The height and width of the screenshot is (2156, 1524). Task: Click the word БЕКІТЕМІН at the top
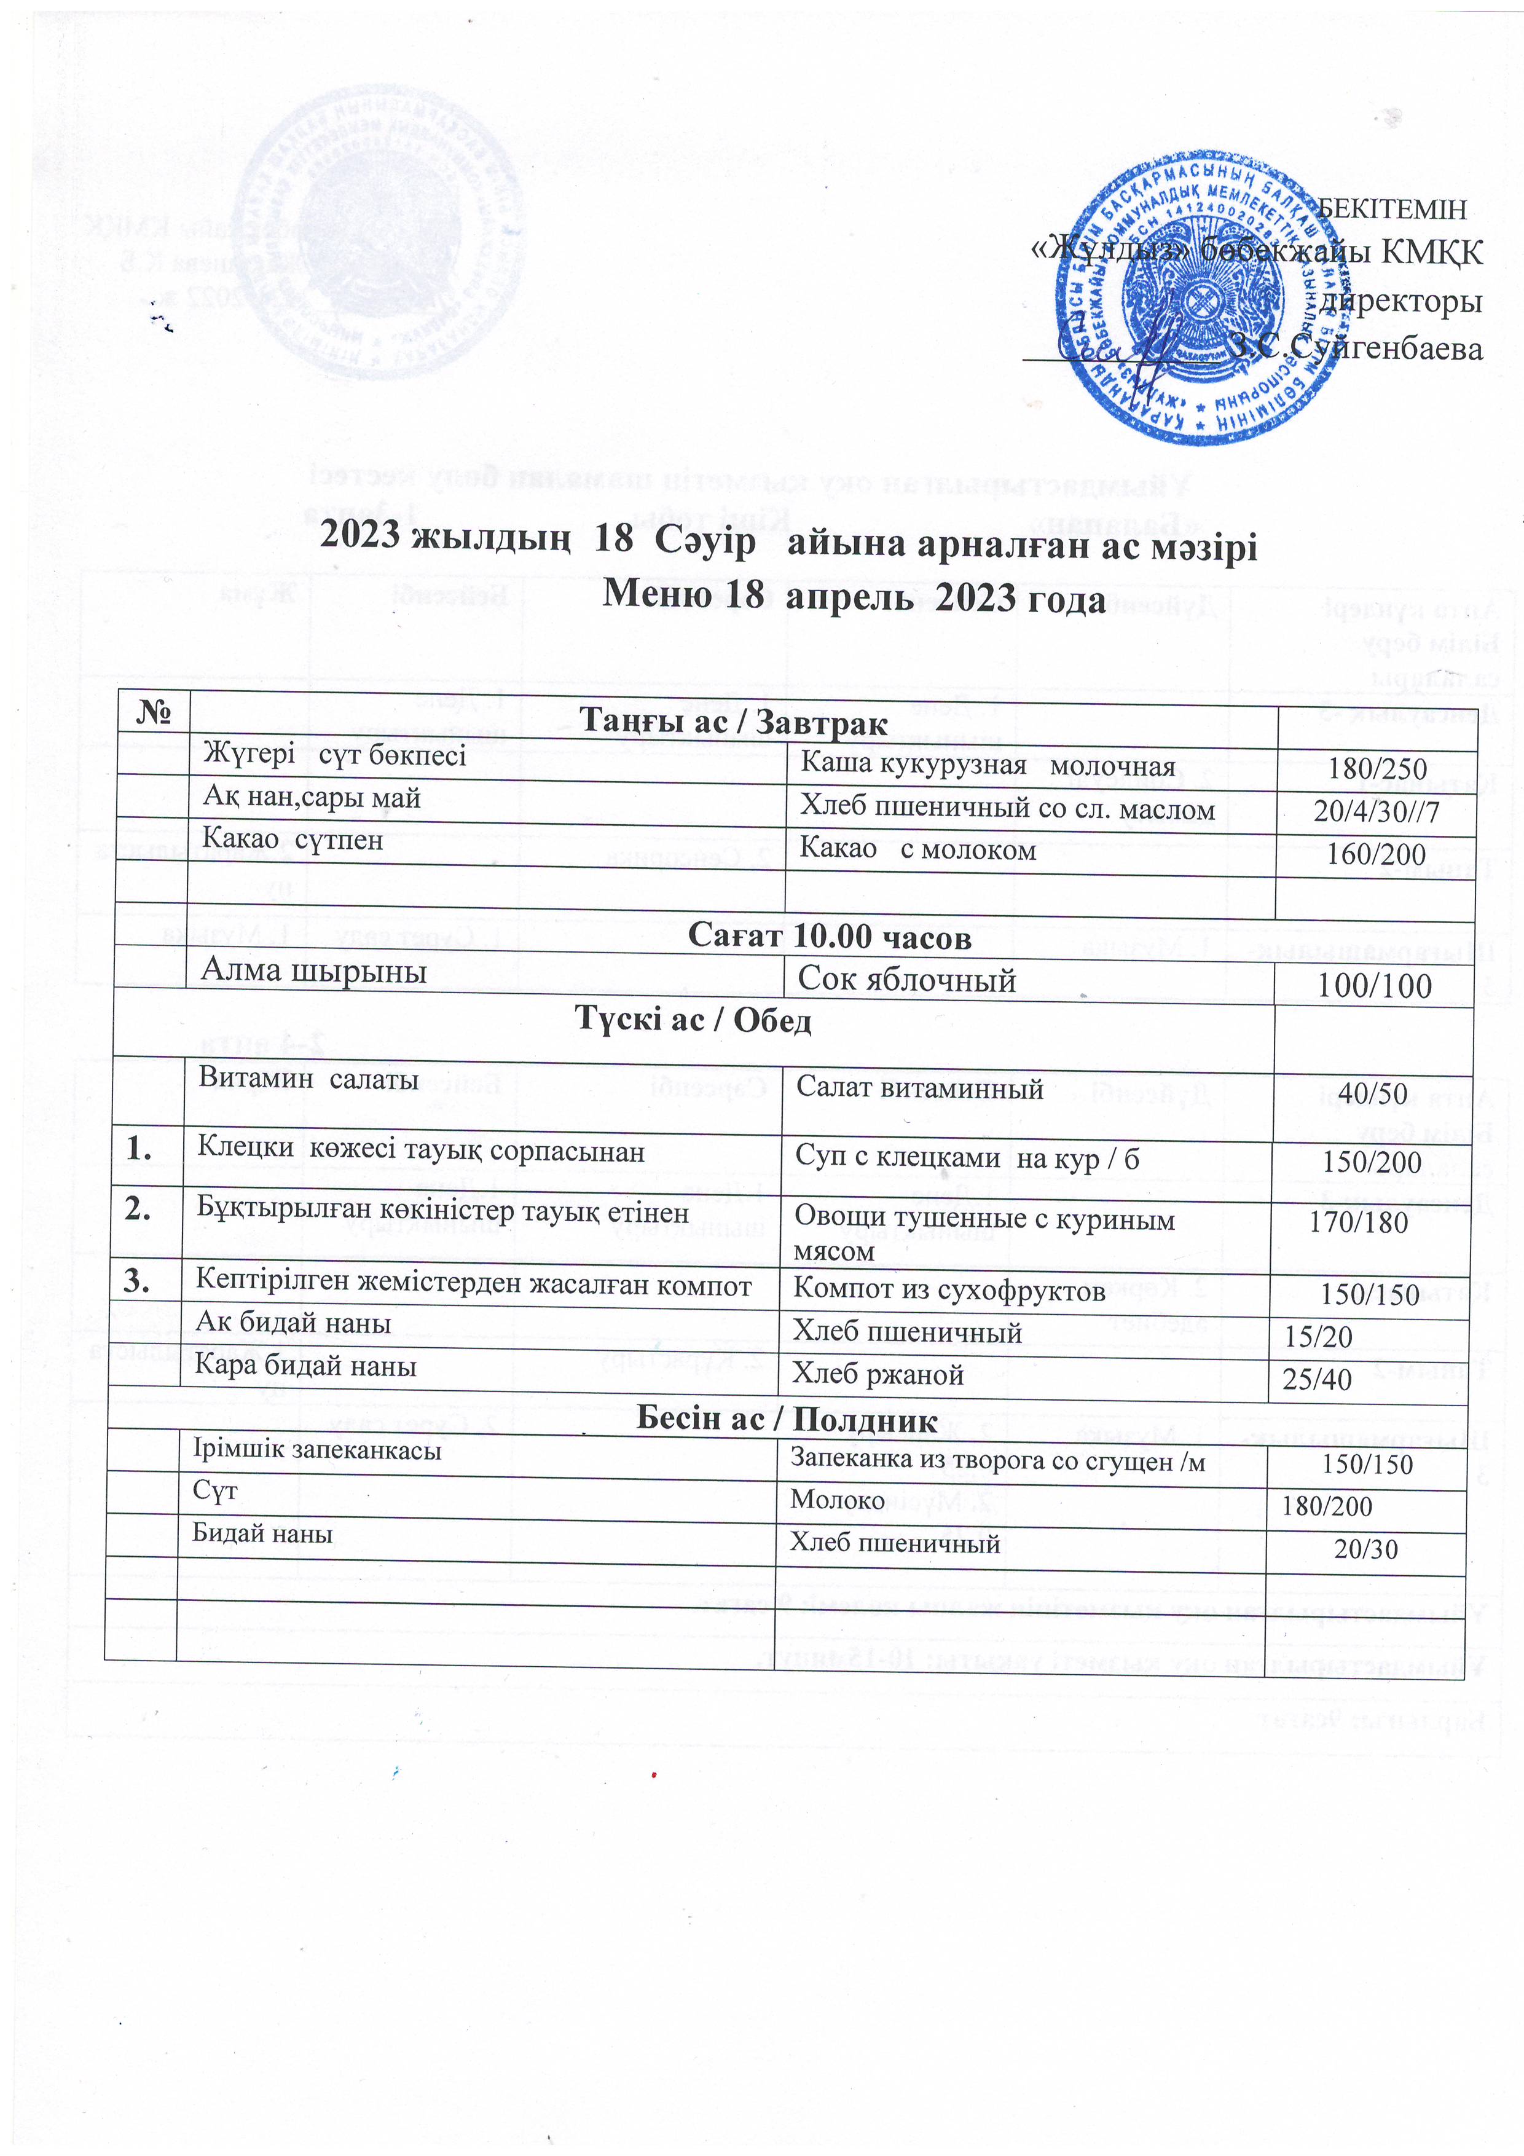pyautogui.click(x=1392, y=208)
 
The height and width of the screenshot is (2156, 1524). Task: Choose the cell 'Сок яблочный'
pyautogui.click(x=906, y=980)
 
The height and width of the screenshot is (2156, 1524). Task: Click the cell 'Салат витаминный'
pyautogui.click(x=919, y=1088)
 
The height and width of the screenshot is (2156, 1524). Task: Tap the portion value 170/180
pyautogui.click(x=1359, y=1222)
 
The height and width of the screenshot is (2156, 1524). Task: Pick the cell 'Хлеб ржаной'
pyautogui.click(x=878, y=1374)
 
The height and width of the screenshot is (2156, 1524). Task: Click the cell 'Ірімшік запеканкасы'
pyautogui.click(x=316, y=1450)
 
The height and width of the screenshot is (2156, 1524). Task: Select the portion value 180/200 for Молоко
pyautogui.click(x=1327, y=1506)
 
